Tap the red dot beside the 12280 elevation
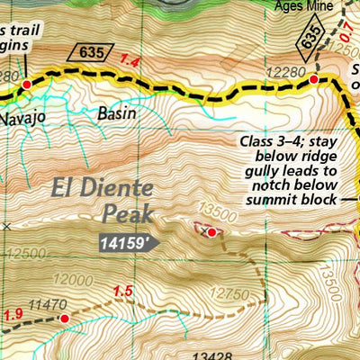tap(314, 80)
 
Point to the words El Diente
tap(101, 192)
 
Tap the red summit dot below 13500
tap(211, 233)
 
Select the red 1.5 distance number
tap(123, 291)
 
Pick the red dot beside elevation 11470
tap(64, 318)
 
